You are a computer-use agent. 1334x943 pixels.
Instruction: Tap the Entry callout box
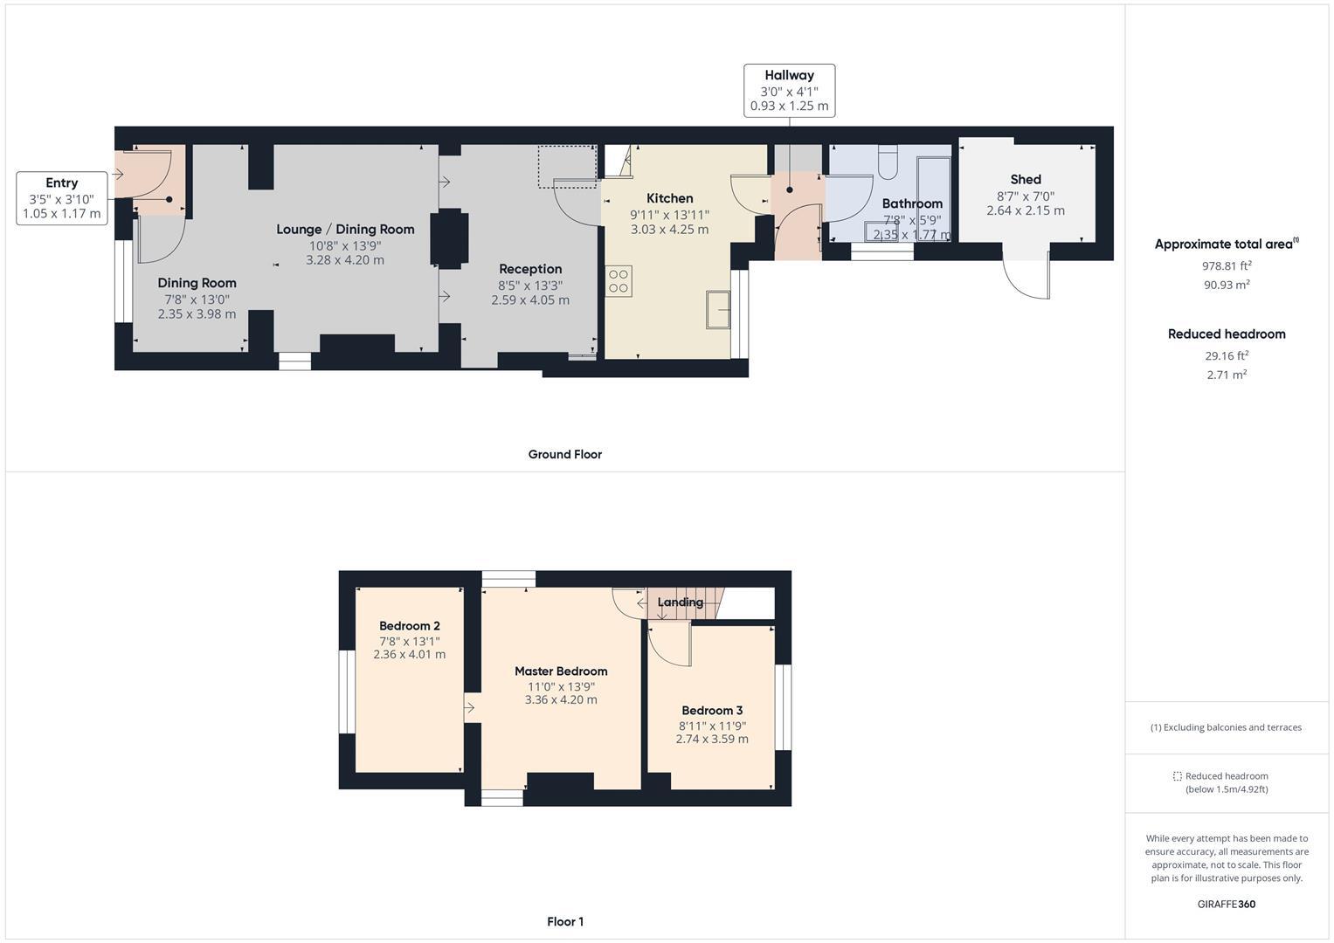[x=61, y=198]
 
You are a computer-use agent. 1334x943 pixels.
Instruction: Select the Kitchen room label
[x=669, y=199]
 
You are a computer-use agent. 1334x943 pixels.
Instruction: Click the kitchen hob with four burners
[x=619, y=281]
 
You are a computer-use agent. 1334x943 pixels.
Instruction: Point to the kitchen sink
[x=718, y=309]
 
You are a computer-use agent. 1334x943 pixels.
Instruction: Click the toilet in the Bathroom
[x=888, y=162]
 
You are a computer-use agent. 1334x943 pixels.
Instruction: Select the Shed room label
[x=1025, y=180]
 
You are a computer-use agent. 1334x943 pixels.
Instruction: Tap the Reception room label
[x=529, y=269]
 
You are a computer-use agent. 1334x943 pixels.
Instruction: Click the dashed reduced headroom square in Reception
[x=566, y=166]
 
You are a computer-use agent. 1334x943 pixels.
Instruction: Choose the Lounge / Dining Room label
[x=345, y=230]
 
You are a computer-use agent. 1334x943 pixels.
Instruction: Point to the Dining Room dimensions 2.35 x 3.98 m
[x=197, y=314]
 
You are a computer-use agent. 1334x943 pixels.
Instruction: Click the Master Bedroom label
[x=560, y=671]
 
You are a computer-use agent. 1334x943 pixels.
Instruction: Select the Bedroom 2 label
[x=409, y=626]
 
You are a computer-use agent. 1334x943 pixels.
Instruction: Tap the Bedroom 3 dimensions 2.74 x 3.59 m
[x=711, y=739]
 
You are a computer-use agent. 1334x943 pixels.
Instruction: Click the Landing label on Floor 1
[x=680, y=602]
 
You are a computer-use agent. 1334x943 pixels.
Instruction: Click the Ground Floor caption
[x=564, y=454]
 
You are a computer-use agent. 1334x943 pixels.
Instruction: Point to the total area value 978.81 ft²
[x=1226, y=265]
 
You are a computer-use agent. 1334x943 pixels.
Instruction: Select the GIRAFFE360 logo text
[x=1226, y=905]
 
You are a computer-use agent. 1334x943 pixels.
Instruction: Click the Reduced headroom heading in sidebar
[x=1226, y=334]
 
